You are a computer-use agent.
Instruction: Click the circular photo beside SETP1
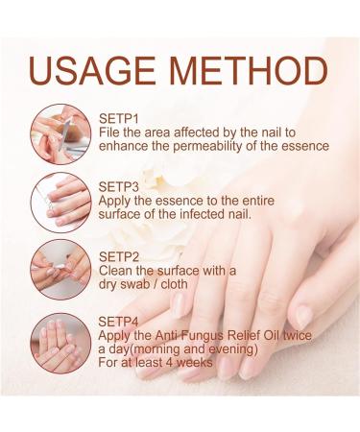click(x=60, y=134)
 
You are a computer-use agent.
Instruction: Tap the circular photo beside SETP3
click(x=60, y=202)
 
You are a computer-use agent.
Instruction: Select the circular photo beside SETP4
click(x=60, y=341)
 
